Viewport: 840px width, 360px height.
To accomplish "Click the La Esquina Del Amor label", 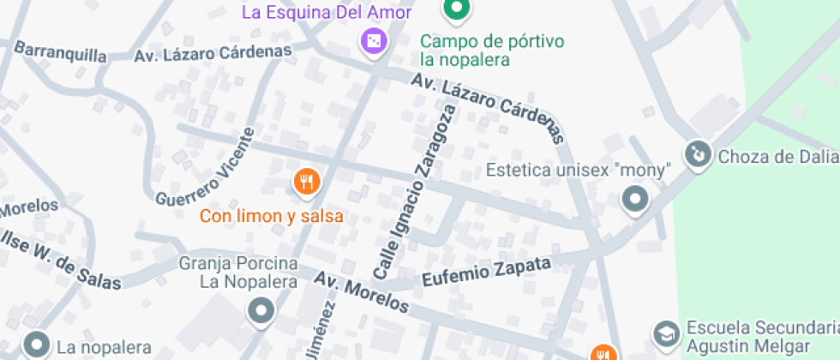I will tap(327, 12).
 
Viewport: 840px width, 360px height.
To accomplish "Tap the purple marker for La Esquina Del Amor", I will tap(373, 40).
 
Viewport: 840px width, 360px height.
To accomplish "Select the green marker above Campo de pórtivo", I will tap(457, 9).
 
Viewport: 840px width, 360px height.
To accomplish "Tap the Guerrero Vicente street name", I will tap(207, 167).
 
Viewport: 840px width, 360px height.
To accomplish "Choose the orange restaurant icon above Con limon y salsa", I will tap(307, 181).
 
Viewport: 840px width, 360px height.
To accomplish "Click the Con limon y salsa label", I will tap(272, 216).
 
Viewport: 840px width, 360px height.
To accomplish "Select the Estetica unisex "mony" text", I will tap(576, 170).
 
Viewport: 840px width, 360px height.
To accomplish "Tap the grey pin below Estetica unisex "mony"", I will tap(635, 201).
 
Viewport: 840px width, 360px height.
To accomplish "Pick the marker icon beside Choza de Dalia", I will tap(699, 155).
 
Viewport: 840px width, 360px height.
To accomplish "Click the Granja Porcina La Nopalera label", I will tap(237, 272).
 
